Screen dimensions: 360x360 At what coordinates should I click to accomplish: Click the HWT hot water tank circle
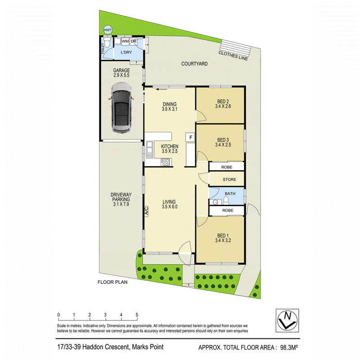(108, 30)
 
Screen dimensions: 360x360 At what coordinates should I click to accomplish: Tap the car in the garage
(121, 108)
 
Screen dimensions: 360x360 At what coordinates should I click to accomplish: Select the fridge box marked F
(190, 137)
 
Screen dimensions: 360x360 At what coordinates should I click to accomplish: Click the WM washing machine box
(125, 41)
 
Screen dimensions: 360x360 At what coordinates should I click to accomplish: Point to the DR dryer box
(134, 41)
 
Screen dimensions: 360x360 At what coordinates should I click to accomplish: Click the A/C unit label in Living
(146, 211)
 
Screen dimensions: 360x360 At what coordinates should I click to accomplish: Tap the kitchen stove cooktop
(166, 162)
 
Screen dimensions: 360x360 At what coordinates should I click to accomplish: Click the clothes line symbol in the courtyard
(235, 47)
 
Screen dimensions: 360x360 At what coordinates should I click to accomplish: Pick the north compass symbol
(287, 320)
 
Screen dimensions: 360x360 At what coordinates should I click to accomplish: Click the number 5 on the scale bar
(137, 315)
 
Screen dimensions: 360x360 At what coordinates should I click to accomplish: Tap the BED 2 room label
(223, 101)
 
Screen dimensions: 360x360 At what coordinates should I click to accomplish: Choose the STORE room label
(229, 180)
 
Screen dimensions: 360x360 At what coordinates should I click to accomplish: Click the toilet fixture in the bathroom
(226, 201)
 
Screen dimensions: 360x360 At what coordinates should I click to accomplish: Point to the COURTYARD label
(194, 64)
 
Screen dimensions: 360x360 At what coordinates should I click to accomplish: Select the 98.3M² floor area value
(289, 347)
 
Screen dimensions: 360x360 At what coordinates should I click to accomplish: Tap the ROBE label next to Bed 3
(227, 167)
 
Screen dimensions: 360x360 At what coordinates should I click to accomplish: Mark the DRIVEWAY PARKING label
(121, 197)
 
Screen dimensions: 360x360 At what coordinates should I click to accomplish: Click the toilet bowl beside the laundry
(107, 42)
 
